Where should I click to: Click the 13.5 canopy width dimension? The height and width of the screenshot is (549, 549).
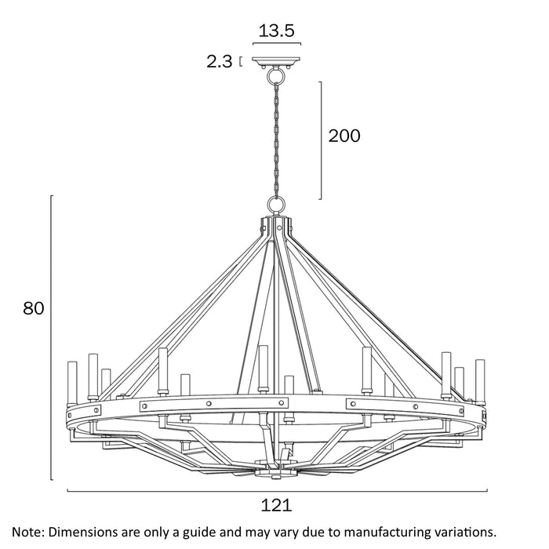pos(276,31)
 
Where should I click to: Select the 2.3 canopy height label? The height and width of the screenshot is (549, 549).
pos(220,62)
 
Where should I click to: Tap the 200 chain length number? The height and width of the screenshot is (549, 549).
pos(344,136)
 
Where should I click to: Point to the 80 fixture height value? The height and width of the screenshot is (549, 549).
pos(33,308)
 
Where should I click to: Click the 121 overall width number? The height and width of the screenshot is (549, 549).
pos(276,507)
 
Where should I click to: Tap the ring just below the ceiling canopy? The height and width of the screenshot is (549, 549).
pos(276,78)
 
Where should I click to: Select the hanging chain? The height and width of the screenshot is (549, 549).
pos(276,137)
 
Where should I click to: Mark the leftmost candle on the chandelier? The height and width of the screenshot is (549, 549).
pos(72,381)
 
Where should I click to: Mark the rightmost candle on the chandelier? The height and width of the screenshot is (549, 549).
pos(480,380)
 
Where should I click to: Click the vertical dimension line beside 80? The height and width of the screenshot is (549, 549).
pos(52,337)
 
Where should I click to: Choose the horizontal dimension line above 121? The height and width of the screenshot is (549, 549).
pos(276,491)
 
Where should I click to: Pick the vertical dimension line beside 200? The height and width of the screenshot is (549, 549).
pos(321,140)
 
